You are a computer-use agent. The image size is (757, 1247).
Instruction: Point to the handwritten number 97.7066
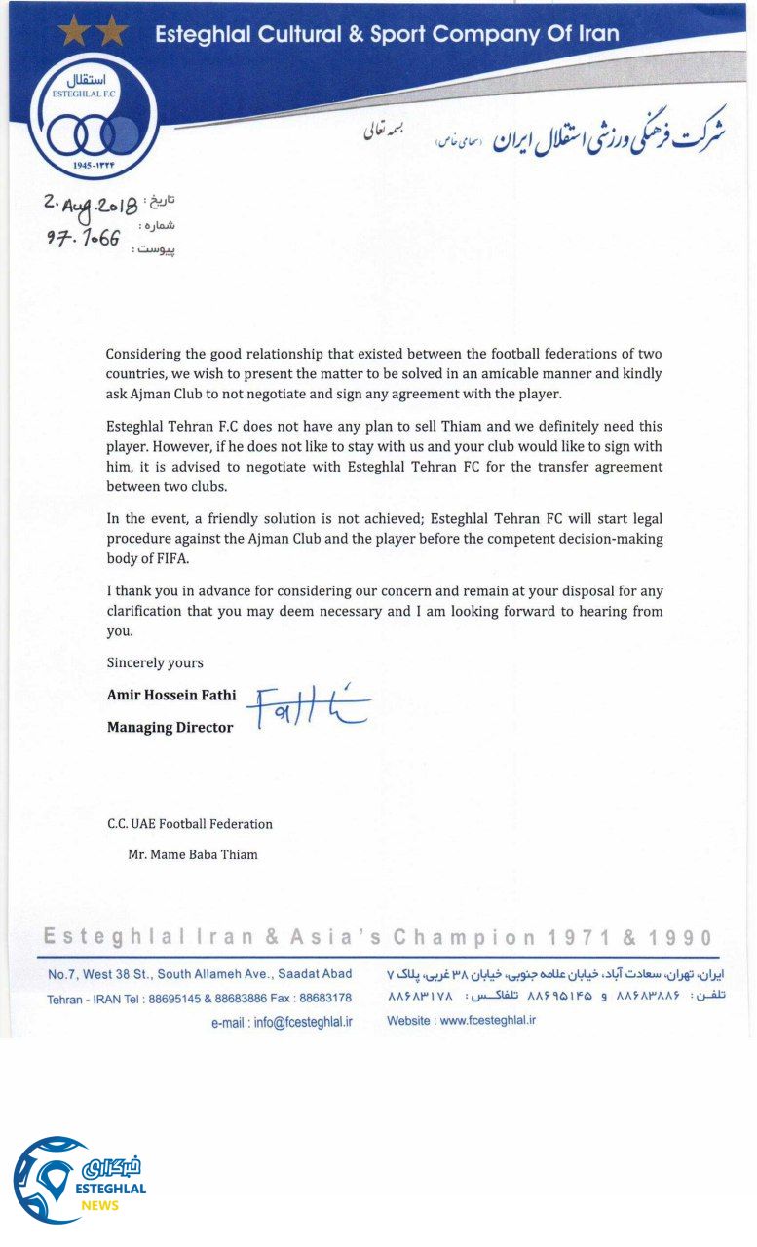[x=84, y=237]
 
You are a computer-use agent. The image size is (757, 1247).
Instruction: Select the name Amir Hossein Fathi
[x=171, y=696]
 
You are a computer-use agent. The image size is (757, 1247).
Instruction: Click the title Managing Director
[x=170, y=727]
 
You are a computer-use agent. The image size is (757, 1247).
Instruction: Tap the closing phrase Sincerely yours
[x=155, y=662]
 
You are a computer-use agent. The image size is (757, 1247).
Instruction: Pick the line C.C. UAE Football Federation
[x=190, y=824]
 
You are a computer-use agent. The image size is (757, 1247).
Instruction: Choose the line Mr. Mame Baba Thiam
[x=193, y=855]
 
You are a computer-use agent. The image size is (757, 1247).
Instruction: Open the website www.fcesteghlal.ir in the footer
[x=487, y=1021]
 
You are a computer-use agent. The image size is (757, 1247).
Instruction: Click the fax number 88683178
[x=325, y=999]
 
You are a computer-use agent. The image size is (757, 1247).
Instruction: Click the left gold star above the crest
[x=72, y=32]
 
